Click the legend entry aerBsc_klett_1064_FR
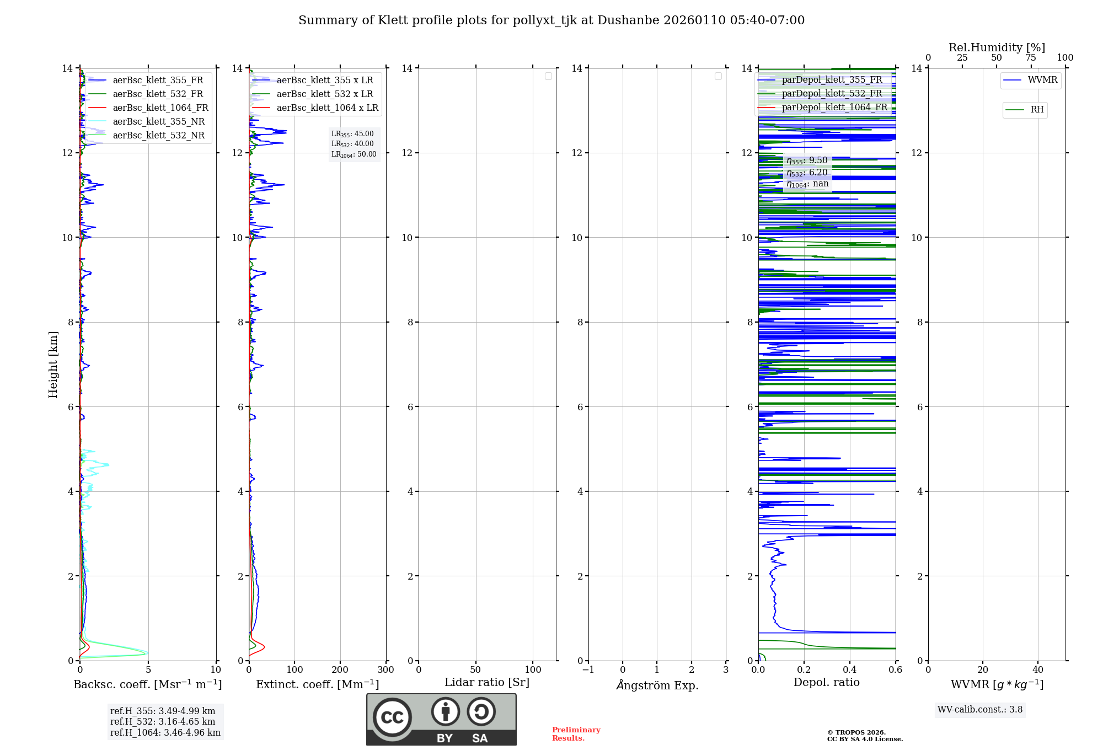pyautogui.click(x=160, y=108)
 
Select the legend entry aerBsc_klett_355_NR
pyautogui.click(x=158, y=121)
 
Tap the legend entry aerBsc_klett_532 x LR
pyautogui.click(x=324, y=94)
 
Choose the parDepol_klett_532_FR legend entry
pyautogui.click(x=832, y=93)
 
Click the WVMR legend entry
pyautogui.click(x=1042, y=80)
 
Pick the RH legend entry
pyautogui.click(x=1036, y=110)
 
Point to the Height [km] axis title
pyautogui.click(x=53, y=364)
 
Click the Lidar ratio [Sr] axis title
pyautogui.click(x=487, y=682)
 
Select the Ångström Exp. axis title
pyautogui.click(x=657, y=685)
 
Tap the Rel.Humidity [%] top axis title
pyautogui.click(x=997, y=47)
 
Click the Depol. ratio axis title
pyautogui.click(x=826, y=682)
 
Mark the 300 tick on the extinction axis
pyautogui.click(x=385, y=669)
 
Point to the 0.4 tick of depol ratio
pyautogui.click(x=849, y=669)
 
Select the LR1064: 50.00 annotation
pyautogui.click(x=354, y=154)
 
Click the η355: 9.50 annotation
pyautogui.click(x=807, y=160)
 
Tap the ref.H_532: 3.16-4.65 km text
pyautogui.click(x=163, y=721)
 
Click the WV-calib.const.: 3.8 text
pyautogui.click(x=979, y=710)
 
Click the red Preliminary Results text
pyautogui.click(x=576, y=733)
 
